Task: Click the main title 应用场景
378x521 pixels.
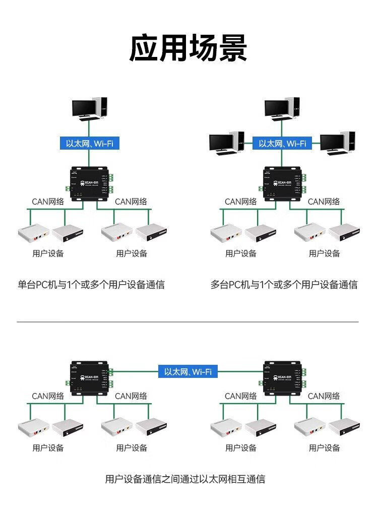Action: (188, 48)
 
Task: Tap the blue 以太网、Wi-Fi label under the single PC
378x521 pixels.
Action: (90, 144)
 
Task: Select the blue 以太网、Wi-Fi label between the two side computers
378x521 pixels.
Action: (282, 144)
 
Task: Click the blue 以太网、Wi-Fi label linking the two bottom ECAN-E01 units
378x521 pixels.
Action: (188, 372)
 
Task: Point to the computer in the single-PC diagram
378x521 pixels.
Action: (89, 107)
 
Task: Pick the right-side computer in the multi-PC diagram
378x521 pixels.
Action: (337, 143)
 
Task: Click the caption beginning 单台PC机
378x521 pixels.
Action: (91, 285)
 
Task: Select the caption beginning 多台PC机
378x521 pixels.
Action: (284, 285)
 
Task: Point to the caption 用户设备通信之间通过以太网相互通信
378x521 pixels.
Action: (185, 479)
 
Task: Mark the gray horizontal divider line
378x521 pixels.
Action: (187, 321)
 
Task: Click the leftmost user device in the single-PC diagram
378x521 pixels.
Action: (33, 233)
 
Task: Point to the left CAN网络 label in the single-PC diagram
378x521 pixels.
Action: (48, 202)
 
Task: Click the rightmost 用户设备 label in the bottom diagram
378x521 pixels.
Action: (325, 447)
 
